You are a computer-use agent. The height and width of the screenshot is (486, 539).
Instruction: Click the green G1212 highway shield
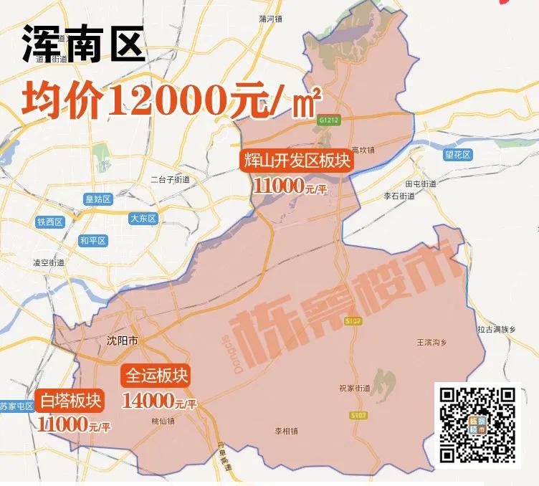(329, 121)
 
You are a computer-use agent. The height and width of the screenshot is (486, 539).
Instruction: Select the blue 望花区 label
(457, 155)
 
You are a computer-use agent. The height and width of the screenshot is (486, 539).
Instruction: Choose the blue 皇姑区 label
(97, 199)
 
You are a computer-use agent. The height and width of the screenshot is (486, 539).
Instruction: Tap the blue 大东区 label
(143, 219)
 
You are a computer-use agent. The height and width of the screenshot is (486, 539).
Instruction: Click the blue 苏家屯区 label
(16, 406)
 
